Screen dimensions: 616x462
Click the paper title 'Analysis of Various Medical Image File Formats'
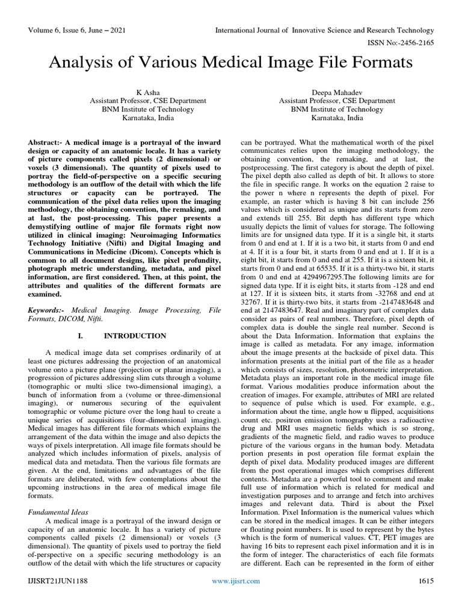click(232, 62)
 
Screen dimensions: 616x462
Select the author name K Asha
click(147, 92)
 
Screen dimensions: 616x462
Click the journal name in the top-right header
click(325, 30)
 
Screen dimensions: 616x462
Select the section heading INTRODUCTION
click(135, 335)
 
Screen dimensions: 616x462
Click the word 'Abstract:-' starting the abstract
click(48, 140)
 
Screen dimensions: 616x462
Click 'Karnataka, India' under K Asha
click(147, 119)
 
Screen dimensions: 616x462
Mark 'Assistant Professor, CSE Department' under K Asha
click(147, 101)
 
